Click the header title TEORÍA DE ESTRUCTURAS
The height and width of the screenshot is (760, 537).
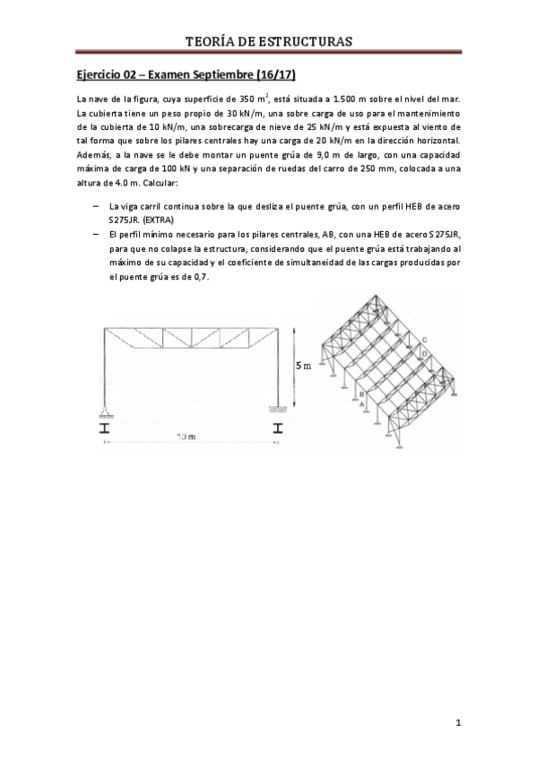click(268, 41)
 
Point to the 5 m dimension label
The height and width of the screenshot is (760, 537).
click(305, 366)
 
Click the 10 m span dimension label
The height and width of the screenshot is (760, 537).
click(186, 436)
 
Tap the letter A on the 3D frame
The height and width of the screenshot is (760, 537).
click(362, 405)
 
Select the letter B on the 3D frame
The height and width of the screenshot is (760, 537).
click(359, 393)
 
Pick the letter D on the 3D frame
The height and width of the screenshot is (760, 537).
click(423, 355)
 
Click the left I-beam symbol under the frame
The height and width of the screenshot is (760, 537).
click(105, 427)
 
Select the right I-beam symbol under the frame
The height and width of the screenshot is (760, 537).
click(276, 427)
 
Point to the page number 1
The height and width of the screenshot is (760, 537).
click(458, 721)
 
